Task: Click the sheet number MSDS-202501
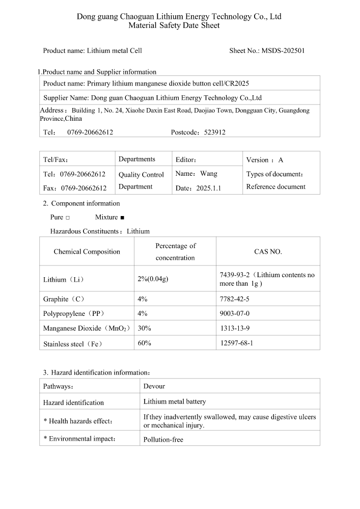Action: point(283,50)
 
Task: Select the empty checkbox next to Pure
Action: point(68,218)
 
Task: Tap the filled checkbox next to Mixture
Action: point(122,218)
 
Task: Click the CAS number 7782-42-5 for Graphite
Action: point(235,299)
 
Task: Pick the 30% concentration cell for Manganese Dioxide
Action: point(145,328)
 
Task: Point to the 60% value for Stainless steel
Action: point(145,343)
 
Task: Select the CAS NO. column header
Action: point(268,251)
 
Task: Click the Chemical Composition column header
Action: point(87,251)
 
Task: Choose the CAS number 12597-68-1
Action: point(236,343)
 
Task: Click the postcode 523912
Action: point(214,132)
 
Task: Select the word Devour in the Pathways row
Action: point(154,386)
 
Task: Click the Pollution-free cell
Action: point(163,439)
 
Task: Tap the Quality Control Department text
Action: point(141,180)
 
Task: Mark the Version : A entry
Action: point(265,159)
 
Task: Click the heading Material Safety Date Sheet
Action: point(174,25)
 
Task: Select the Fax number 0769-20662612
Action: point(84,188)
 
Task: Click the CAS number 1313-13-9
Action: point(234,328)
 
